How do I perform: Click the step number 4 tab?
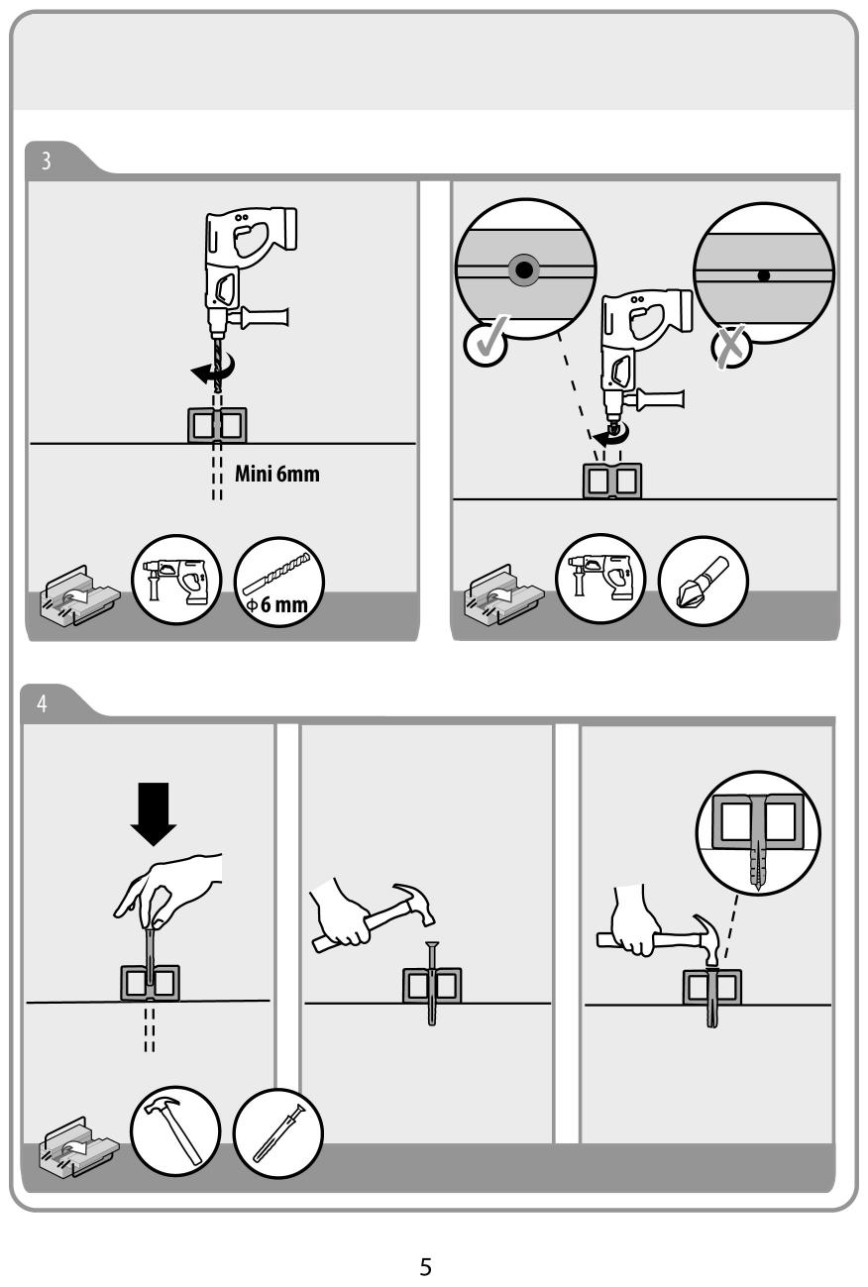pyautogui.click(x=43, y=703)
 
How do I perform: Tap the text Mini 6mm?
pyautogui.click(x=276, y=474)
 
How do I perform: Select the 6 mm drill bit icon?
pyautogui.click(x=279, y=582)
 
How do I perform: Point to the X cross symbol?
pyautogui.click(x=730, y=347)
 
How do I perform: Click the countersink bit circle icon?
pyautogui.click(x=703, y=581)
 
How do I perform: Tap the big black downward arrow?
pyautogui.click(x=154, y=813)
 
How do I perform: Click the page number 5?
pyautogui.click(x=426, y=1266)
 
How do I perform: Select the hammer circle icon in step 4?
pyautogui.click(x=175, y=1131)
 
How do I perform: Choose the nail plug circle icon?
pyautogui.click(x=278, y=1132)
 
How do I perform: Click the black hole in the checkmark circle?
pyautogui.click(x=523, y=268)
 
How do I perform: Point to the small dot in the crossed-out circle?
pyautogui.click(x=763, y=275)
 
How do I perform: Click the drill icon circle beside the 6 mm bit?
pyautogui.click(x=176, y=580)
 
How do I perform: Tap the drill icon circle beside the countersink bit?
pyautogui.click(x=600, y=579)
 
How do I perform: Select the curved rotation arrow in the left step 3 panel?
pyautogui.click(x=213, y=369)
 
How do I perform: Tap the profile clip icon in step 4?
pyautogui.click(x=78, y=1145)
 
